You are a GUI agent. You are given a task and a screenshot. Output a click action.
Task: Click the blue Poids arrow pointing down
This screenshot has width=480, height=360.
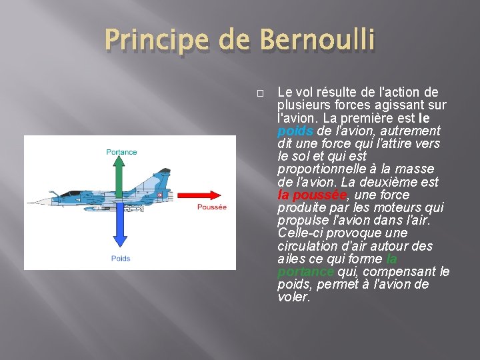click(120, 227)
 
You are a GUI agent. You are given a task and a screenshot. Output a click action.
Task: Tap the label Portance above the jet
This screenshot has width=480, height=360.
click(121, 152)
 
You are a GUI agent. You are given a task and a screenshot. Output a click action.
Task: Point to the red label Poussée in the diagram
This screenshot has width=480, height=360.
click(211, 207)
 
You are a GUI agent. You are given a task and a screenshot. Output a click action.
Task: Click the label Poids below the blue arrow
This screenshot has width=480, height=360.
click(121, 258)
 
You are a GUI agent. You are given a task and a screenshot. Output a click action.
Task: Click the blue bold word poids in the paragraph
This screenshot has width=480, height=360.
click(291, 131)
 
